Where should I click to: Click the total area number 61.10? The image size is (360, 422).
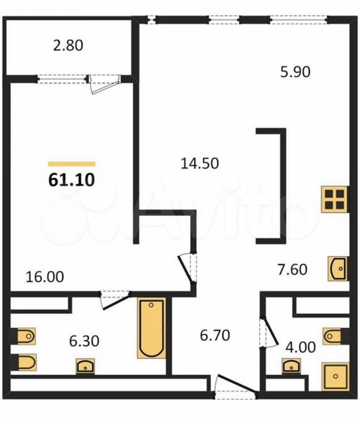tap(72, 180)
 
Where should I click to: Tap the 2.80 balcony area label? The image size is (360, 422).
tap(68, 45)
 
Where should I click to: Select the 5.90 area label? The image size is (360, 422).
tap(295, 72)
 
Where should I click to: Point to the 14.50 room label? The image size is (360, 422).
tap(200, 164)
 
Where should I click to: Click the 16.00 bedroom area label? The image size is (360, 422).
tap(45, 276)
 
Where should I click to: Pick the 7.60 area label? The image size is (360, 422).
tap(292, 269)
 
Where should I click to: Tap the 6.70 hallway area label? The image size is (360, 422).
tap(215, 335)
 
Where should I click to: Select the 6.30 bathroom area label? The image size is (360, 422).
tap(84, 341)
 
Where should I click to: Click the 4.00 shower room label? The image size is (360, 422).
tap(301, 347)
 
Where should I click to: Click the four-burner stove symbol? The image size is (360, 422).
tap(335, 200)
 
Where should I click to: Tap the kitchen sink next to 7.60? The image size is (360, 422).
tap(338, 269)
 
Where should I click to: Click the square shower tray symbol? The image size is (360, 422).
tap(335, 377)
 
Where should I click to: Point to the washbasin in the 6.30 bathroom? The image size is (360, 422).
tap(85, 366)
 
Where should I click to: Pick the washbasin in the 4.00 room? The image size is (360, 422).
tap(291, 366)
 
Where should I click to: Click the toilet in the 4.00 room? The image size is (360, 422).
tap(332, 336)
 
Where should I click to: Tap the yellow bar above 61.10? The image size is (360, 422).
tap(72, 164)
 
